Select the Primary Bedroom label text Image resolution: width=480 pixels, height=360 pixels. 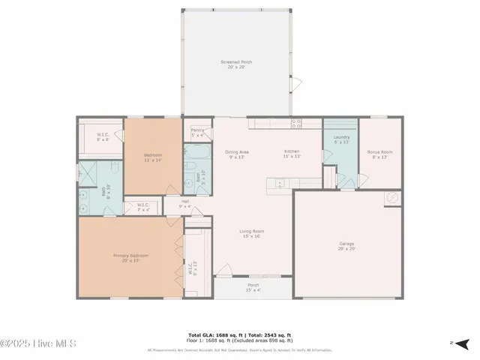(130, 257)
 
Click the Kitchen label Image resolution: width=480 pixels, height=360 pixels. (292, 153)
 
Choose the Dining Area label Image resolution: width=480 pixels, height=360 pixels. (237, 154)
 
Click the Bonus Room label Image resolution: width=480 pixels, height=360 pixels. (379, 154)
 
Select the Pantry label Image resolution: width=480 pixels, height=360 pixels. (198, 133)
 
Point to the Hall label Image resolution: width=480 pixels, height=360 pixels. (184, 202)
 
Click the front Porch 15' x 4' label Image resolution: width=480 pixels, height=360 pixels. (253, 287)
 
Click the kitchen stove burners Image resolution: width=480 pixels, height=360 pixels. (296, 123)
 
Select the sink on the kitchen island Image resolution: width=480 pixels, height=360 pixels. (279, 182)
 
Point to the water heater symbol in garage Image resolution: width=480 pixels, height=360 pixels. (391, 199)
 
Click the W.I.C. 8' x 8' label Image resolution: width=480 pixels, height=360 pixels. (103, 136)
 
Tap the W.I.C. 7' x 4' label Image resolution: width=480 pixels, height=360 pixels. (142, 207)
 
